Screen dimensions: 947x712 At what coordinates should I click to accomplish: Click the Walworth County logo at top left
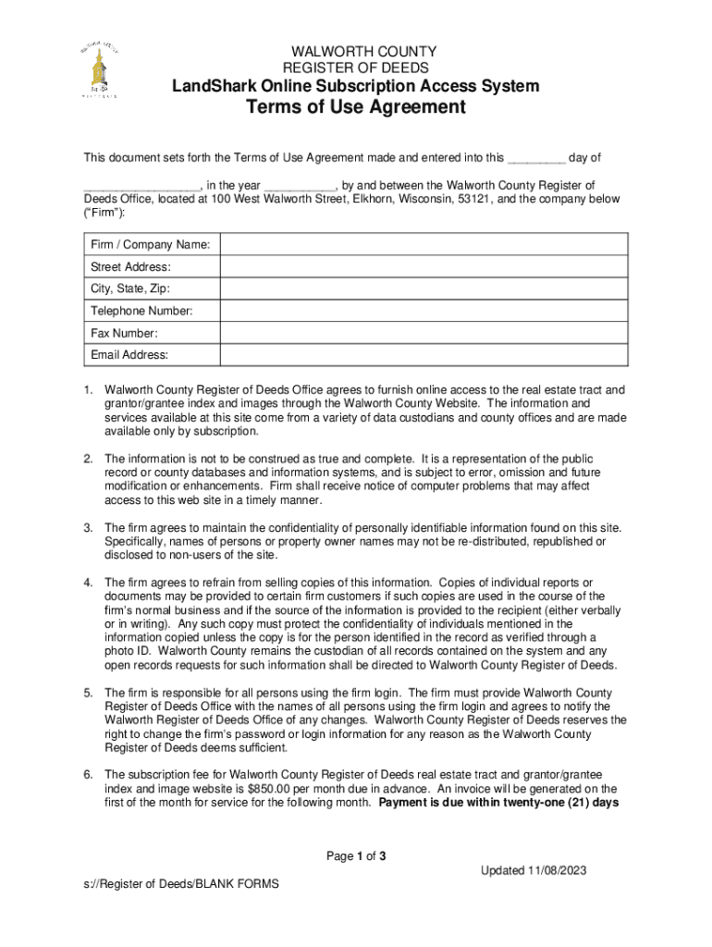(x=99, y=69)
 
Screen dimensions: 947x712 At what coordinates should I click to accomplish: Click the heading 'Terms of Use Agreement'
(x=355, y=108)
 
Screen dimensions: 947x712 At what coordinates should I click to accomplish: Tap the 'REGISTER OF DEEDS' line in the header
(x=355, y=68)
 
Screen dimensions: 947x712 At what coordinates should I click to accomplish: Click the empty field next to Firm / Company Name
(x=422, y=244)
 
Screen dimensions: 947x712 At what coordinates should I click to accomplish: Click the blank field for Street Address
(x=422, y=266)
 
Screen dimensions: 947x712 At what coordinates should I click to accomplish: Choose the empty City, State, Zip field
(x=422, y=289)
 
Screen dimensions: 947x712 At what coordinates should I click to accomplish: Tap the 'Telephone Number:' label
(x=141, y=311)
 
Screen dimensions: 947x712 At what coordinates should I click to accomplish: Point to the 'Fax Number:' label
(x=124, y=333)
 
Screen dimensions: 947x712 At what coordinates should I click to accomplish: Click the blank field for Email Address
(x=422, y=355)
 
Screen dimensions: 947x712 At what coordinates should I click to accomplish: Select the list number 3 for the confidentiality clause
(x=89, y=528)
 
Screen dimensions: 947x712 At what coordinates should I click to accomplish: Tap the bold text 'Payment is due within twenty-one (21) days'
(x=498, y=803)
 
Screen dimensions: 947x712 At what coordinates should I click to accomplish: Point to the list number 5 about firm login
(x=89, y=693)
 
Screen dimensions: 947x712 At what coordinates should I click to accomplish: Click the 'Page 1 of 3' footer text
(x=356, y=856)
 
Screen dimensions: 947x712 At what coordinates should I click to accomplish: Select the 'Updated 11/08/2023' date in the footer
(x=534, y=871)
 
